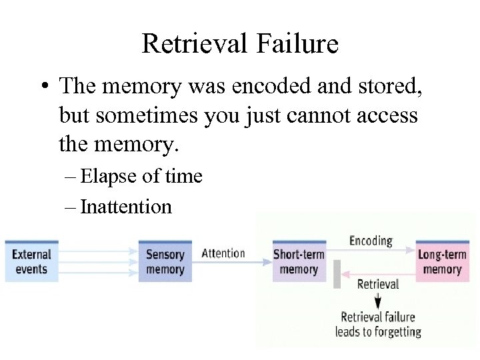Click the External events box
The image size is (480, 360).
click(31, 261)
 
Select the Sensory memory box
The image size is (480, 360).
click(165, 261)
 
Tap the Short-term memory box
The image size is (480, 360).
click(299, 261)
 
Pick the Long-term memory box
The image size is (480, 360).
click(442, 261)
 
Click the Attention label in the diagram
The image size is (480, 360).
click(223, 253)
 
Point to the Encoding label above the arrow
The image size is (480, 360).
click(371, 241)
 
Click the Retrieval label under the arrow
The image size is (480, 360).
click(378, 284)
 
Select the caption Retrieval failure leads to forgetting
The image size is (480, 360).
click(378, 324)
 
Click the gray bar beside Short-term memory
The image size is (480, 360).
click(337, 275)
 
